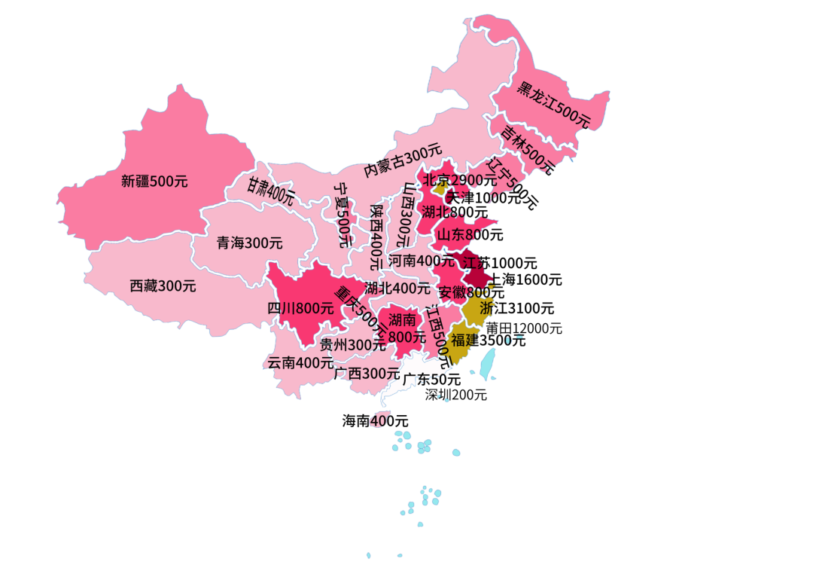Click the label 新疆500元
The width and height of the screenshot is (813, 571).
[x=154, y=181]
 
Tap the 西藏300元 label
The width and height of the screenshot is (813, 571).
[x=163, y=286]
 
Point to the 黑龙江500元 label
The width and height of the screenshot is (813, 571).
[x=553, y=104]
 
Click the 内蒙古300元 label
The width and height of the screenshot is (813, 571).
[x=403, y=160]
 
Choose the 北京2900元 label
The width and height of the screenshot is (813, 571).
[x=459, y=180]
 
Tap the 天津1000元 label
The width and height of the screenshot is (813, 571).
[x=492, y=198]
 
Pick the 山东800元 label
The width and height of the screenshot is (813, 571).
[x=470, y=234]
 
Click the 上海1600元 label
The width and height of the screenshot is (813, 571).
[x=525, y=279]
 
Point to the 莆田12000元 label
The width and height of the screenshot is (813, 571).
[x=523, y=328]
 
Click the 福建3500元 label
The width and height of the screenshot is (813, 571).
[x=489, y=340]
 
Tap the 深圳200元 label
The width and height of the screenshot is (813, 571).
[x=455, y=395]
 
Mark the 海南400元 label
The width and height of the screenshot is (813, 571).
[x=375, y=421]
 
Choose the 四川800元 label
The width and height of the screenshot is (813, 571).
[x=300, y=307]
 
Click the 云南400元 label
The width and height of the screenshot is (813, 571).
[x=300, y=362]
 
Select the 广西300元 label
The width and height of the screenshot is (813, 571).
[x=367, y=373]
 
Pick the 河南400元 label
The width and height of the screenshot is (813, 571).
[x=422, y=261]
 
